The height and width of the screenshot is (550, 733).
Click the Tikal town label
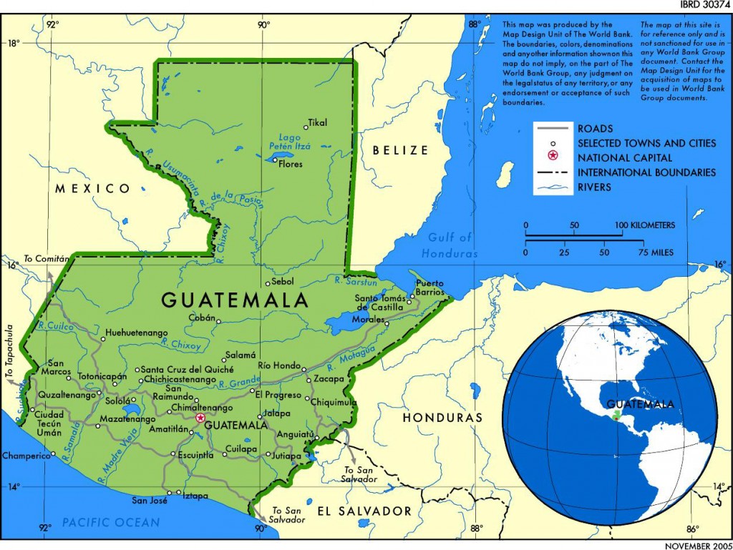click(x=317, y=122)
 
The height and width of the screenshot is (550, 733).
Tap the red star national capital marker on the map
click(x=200, y=418)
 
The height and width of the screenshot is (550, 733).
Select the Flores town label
click(x=291, y=164)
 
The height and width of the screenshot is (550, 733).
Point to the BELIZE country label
click(x=399, y=150)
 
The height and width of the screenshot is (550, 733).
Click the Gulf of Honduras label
click(x=450, y=245)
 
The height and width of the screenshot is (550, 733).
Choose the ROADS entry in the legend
click(x=595, y=129)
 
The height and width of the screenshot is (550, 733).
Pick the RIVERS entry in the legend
click(x=595, y=187)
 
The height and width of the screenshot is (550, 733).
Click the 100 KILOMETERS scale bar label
click(x=648, y=225)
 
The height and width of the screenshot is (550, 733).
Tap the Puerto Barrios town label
click(x=430, y=288)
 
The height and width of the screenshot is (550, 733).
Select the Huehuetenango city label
click(x=136, y=333)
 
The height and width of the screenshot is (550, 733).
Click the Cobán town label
click(x=201, y=318)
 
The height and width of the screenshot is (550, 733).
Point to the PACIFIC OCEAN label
click(x=110, y=523)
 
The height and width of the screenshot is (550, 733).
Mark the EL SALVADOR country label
click(x=364, y=511)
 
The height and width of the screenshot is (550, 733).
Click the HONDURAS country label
click(x=442, y=417)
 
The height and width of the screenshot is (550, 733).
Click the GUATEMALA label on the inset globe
click(x=640, y=404)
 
